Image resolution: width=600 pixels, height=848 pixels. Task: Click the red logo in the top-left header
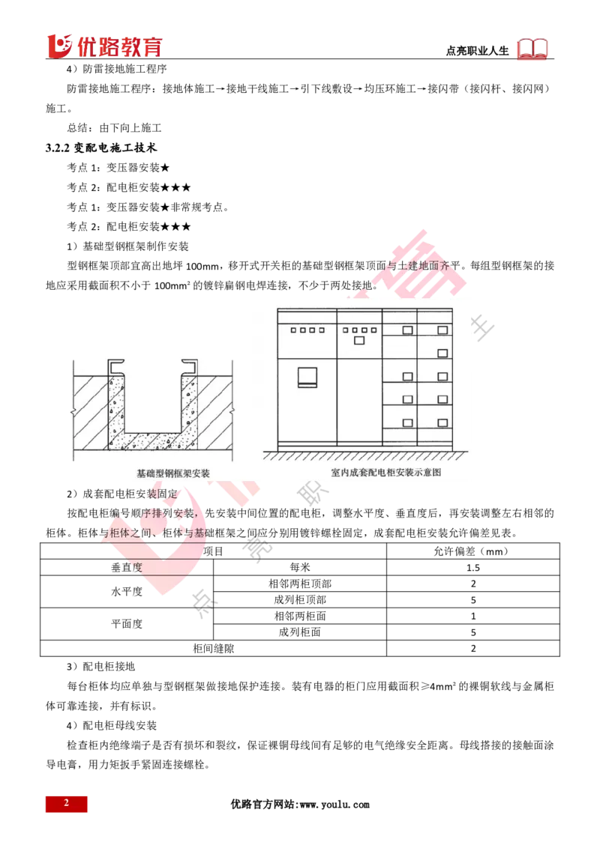[x=104, y=46]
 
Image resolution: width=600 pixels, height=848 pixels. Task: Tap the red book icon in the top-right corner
[x=533, y=49]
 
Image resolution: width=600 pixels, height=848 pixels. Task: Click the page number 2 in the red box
[x=66, y=803]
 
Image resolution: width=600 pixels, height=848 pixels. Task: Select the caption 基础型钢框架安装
[x=173, y=473]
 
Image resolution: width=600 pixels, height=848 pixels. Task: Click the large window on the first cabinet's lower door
[x=307, y=376]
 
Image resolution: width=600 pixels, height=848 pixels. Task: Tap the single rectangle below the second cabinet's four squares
[x=358, y=341]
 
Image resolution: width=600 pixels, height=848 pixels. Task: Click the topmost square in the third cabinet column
[x=408, y=330]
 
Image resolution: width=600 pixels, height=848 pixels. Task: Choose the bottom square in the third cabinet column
[x=408, y=423]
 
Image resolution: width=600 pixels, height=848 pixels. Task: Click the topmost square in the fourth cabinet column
[x=441, y=330]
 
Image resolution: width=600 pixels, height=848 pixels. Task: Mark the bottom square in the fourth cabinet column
[x=441, y=423]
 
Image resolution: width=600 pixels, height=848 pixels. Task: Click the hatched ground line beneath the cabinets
[x=367, y=455]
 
